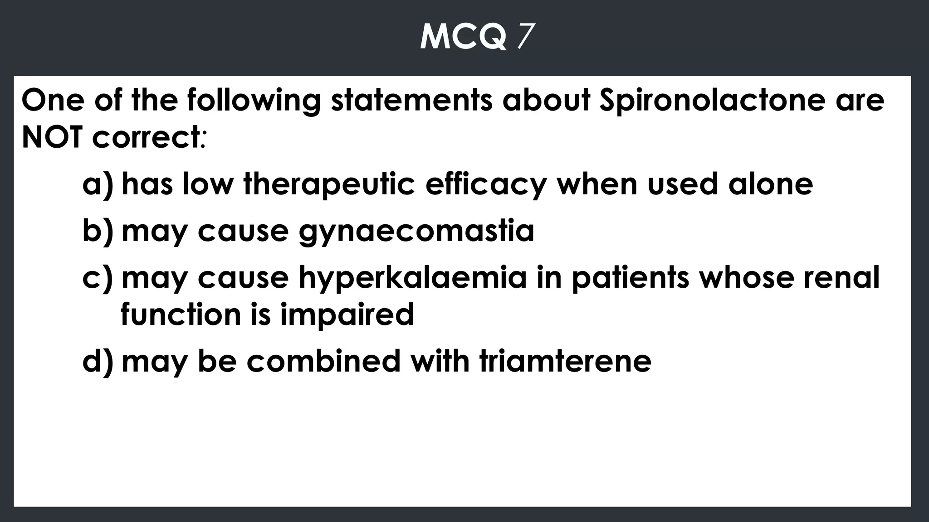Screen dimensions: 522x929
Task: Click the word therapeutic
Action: tap(329, 185)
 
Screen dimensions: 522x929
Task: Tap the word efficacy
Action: tap(486, 185)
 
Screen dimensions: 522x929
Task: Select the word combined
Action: tap(323, 362)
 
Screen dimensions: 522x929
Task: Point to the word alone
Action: tap(771, 185)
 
